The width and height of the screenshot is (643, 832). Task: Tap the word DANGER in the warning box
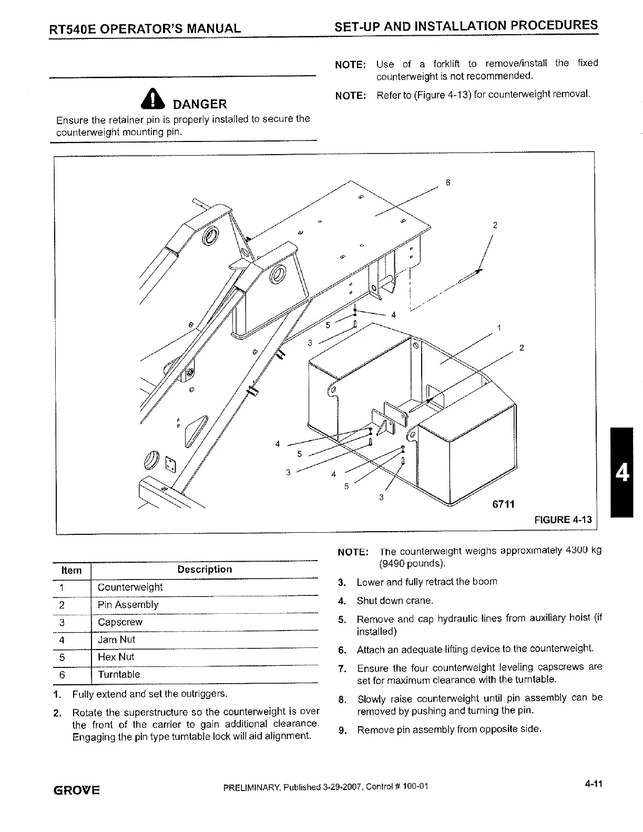[200, 104]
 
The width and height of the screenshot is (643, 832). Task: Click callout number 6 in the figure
[447, 183]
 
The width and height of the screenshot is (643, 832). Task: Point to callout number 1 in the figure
[498, 328]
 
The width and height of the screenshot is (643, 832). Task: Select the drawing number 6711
[503, 504]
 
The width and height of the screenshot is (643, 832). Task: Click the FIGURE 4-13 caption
[563, 520]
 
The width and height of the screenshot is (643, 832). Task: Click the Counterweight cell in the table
[130, 587]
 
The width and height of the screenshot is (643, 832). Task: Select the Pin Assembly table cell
[128, 605]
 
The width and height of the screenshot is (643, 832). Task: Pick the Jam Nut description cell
[116, 640]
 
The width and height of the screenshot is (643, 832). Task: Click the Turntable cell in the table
[119, 674]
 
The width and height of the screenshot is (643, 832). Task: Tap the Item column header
[72, 570]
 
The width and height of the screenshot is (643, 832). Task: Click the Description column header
[204, 569]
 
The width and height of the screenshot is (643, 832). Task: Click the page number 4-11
[593, 784]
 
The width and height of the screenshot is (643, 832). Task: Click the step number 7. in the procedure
[342, 669]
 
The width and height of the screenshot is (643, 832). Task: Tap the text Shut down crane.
[395, 601]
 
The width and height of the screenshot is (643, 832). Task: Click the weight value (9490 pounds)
[412, 564]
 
